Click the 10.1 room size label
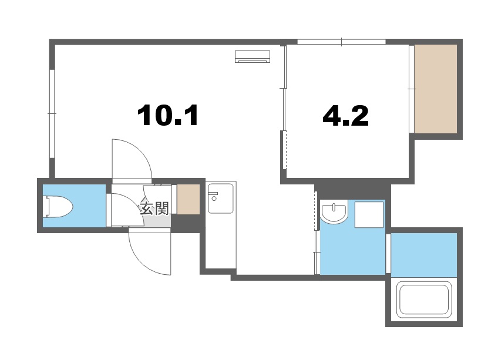coord(168,115)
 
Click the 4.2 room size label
coord(345,115)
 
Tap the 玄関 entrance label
coord(154,208)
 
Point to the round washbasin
coord(334,213)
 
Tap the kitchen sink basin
coord(220,198)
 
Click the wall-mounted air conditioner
coord(253,56)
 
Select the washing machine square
coord(369,214)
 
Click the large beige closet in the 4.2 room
coord(436,89)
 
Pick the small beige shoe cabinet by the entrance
coord(189,199)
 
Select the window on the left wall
coord(52,113)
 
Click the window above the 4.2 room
coord(341,42)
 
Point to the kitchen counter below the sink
coord(221,241)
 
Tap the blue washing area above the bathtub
coord(424,255)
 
